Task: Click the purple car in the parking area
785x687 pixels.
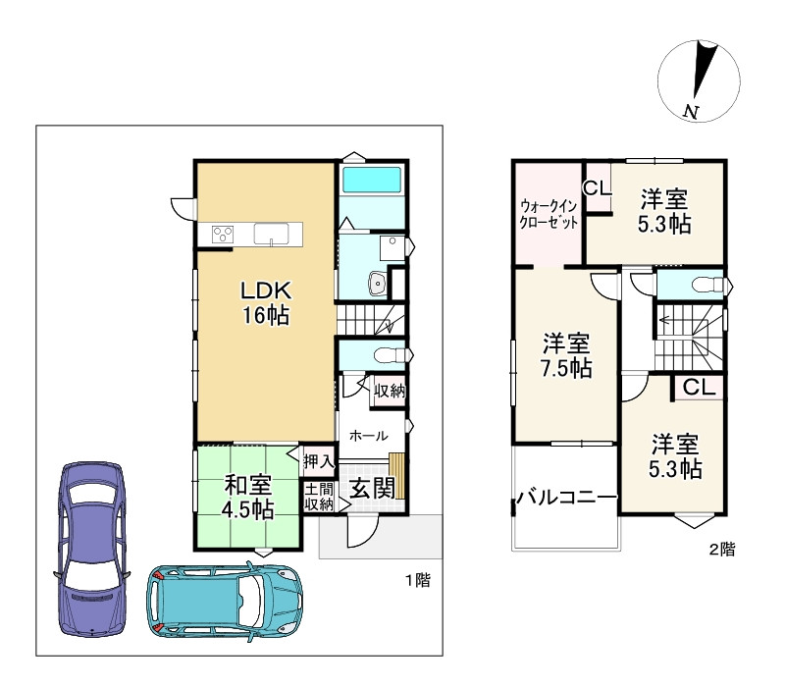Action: coord(91,550)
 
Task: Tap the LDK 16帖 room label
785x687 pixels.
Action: coord(266,303)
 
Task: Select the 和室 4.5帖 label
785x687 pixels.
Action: coord(248,498)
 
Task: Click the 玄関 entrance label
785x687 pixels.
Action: coord(373,488)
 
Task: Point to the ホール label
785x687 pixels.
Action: coord(369,436)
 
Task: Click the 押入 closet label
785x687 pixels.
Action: coord(318,460)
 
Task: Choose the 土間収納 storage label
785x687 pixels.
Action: coord(319,497)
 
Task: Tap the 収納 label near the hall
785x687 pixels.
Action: coord(390,390)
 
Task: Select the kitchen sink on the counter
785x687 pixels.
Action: coord(271,234)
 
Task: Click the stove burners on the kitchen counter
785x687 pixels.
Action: coord(223,234)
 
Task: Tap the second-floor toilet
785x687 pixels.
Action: coord(708,285)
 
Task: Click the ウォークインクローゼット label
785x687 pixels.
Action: coord(549,214)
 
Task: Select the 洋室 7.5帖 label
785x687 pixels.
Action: coord(566,355)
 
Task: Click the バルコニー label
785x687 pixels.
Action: coord(566,498)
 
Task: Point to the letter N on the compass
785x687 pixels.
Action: coord(691,112)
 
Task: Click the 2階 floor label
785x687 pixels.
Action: coord(722,550)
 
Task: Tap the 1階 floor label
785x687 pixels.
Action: coord(418,580)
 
